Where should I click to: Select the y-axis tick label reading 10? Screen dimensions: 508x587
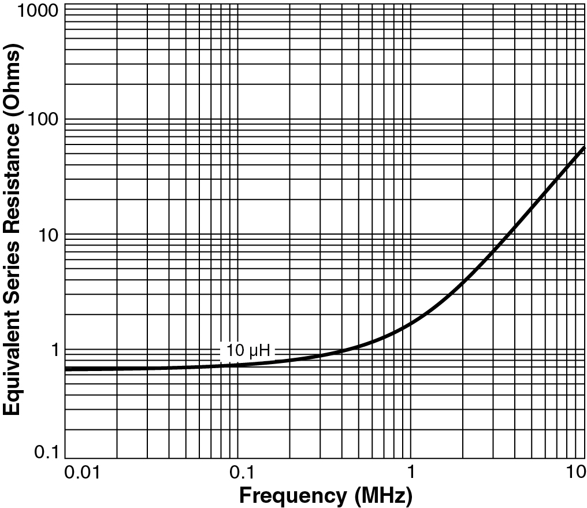(x=49, y=234)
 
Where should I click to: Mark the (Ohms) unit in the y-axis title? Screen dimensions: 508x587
(x=13, y=77)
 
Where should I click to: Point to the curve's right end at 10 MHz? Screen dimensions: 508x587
(x=584, y=147)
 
